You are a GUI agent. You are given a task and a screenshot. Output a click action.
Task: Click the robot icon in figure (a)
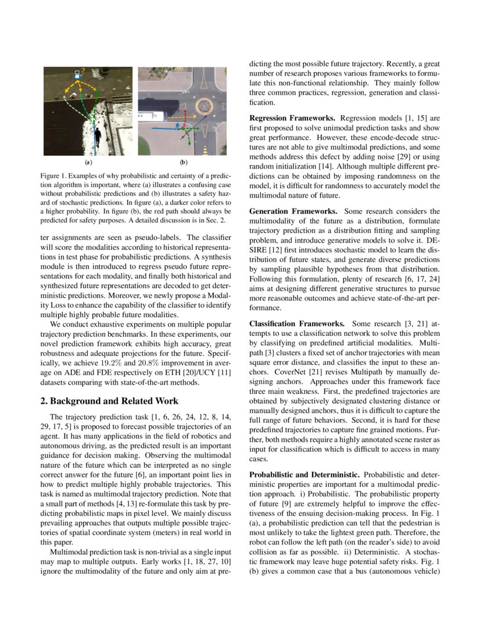tap(77, 74)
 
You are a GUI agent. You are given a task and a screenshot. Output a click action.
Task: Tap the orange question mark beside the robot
tap(84, 71)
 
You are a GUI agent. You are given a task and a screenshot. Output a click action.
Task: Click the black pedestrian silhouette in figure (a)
tap(97, 138)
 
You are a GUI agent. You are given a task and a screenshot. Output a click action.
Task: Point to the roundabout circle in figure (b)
tap(206, 105)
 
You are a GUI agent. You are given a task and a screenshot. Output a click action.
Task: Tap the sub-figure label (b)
tap(183, 163)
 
